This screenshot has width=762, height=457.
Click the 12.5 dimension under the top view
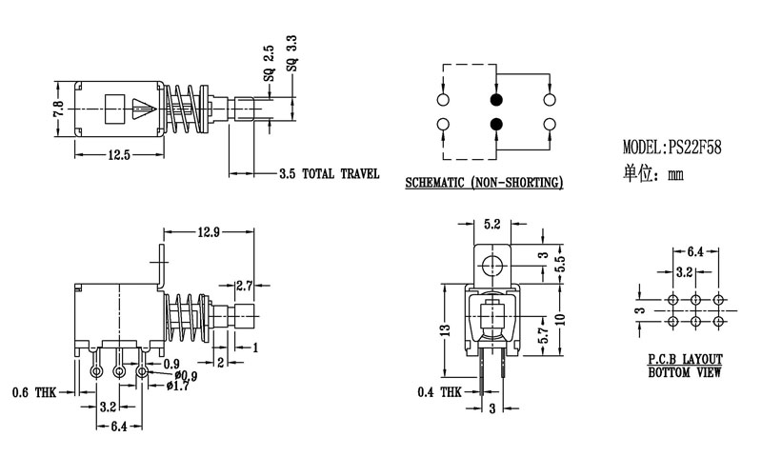point(119,154)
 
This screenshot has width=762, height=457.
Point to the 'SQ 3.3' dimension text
point(291,56)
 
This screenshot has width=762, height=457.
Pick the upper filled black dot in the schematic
point(496,99)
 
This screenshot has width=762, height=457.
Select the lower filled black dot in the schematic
point(496,123)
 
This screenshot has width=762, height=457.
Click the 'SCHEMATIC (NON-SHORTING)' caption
point(483,182)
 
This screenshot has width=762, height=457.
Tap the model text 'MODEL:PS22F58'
point(672,149)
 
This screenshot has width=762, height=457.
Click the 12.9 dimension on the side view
point(209,231)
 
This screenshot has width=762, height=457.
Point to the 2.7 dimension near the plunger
point(245,284)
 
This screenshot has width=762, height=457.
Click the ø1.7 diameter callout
point(177,385)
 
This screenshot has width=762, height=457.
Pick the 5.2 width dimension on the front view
point(492,225)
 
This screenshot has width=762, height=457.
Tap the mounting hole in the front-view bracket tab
point(492,264)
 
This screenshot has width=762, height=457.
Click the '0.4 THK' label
point(440,391)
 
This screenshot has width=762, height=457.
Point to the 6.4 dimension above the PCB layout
point(693,251)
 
